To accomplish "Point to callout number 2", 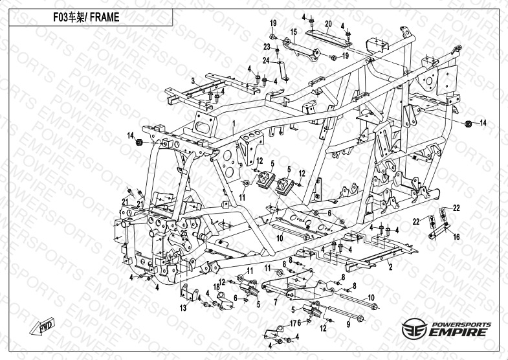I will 390,265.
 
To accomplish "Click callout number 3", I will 192,80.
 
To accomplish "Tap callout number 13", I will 183,309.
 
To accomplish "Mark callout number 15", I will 293,32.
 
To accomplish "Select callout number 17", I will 293,323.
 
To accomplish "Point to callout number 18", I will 199,287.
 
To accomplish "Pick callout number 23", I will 267,47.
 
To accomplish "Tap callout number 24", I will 266,61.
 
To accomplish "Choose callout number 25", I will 184,233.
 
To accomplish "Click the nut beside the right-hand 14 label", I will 468,123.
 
